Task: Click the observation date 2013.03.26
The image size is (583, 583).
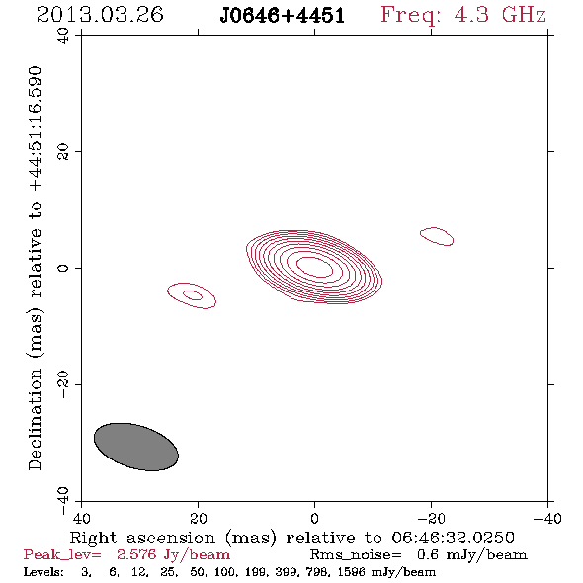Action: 100,15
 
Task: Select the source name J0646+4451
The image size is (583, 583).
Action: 283,16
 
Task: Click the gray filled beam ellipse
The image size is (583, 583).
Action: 136,447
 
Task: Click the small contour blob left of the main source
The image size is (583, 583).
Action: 192,295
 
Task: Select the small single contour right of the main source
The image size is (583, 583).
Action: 437,236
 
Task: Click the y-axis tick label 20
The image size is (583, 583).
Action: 63,152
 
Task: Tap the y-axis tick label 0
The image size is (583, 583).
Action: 63,268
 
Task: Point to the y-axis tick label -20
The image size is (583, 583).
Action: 63,384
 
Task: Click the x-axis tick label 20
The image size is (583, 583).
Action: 199,518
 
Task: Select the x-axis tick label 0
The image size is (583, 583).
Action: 314,518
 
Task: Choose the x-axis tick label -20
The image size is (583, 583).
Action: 431,518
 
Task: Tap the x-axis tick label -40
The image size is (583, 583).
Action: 547,518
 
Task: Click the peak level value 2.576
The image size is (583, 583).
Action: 136,554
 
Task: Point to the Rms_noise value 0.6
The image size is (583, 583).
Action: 427,554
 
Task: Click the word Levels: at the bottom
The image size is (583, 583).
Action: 43,571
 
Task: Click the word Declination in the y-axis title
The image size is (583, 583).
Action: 35,419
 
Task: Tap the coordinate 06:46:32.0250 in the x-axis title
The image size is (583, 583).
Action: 453,538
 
